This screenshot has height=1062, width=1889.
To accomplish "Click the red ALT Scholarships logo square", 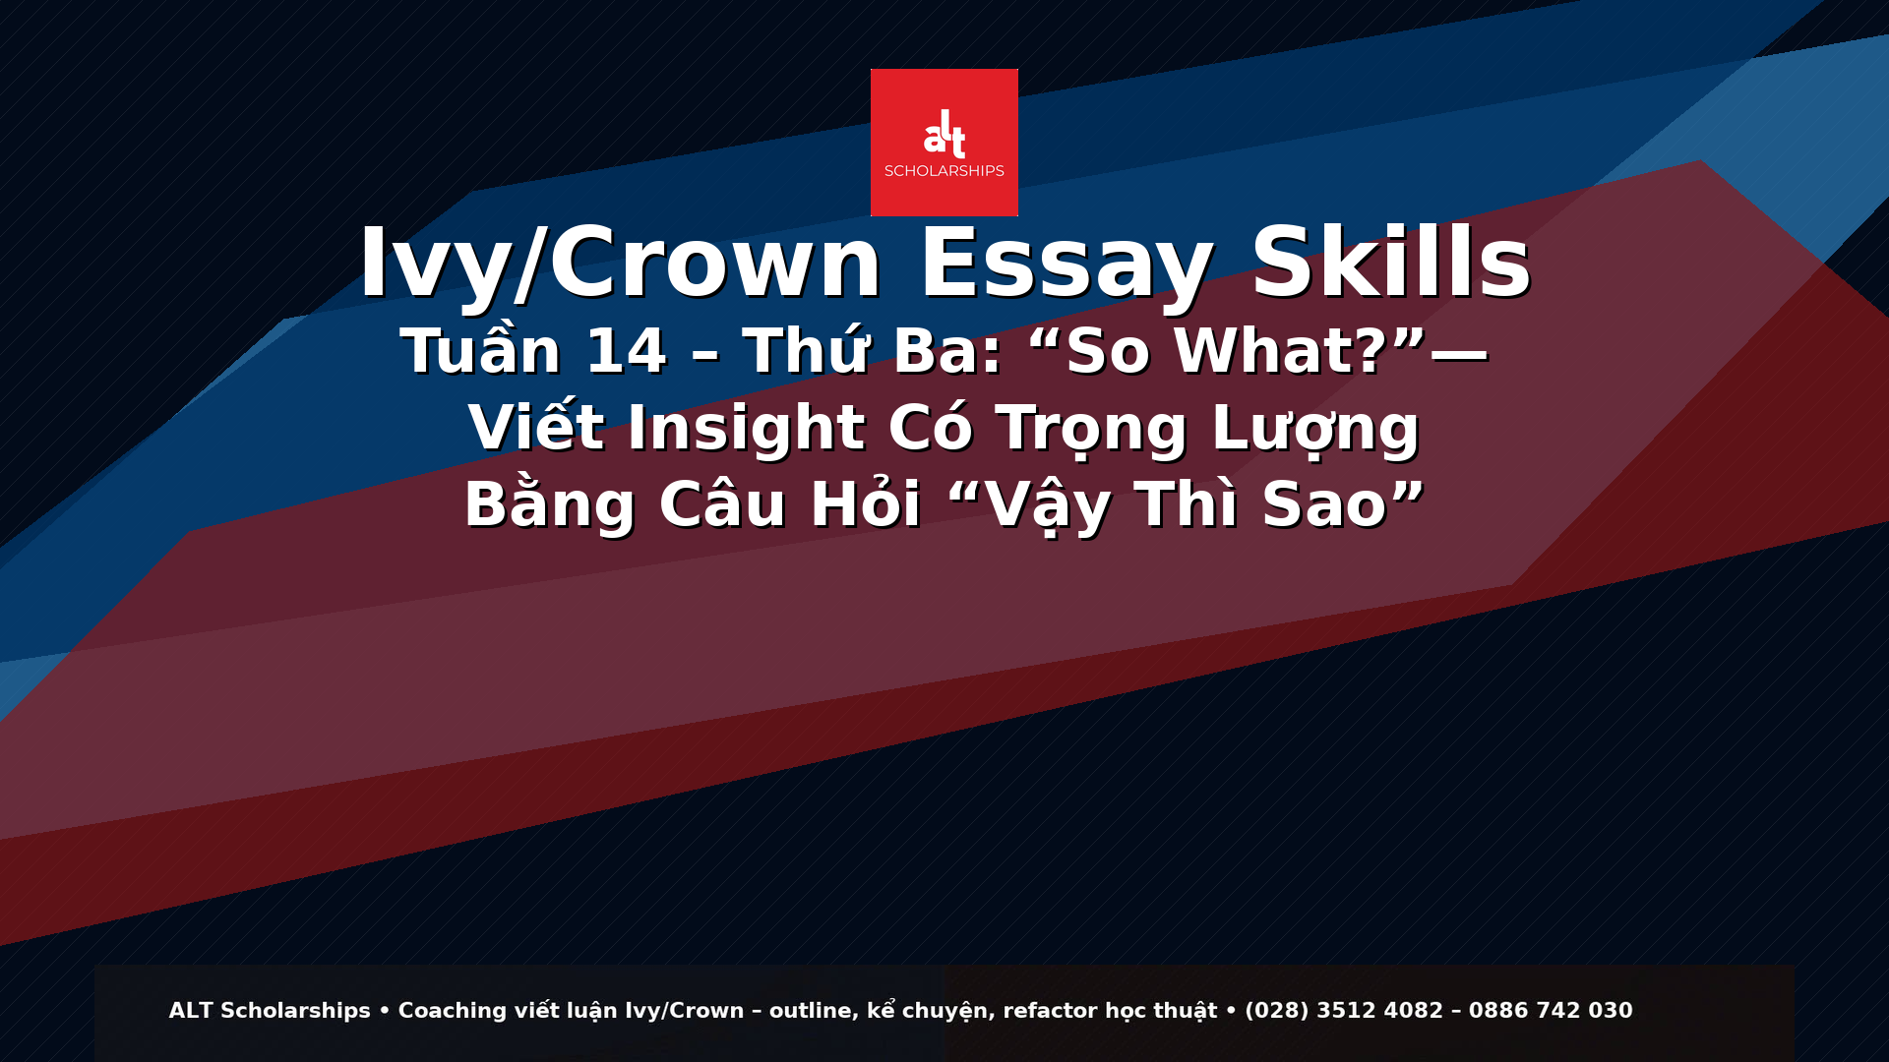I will tap(944, 142).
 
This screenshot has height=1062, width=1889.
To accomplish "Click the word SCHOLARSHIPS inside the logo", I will tap(944, 171).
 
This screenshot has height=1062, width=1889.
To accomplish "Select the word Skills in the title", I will tap(1390, 264).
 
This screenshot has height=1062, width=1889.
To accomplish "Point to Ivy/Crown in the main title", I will tap(620, 264).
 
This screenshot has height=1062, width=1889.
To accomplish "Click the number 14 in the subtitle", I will tap(626, 352).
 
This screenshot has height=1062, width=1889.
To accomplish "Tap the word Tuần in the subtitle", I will tap(480, 352).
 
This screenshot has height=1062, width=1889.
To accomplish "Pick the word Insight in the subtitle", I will tap(746, 429).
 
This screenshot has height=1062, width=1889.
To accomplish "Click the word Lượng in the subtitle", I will tap(1315, 429).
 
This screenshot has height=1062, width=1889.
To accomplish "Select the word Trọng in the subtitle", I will tap(1091, 429).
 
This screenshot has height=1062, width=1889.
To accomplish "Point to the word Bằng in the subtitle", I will tap(550, 505).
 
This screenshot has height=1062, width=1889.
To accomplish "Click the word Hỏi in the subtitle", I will tap(865, 505).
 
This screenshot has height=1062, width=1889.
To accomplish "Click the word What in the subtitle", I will tap(1280, 352).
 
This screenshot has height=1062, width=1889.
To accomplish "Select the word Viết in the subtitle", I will tap(535, 429).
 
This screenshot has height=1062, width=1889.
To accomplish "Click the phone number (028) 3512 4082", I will tap(1343, 1011).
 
